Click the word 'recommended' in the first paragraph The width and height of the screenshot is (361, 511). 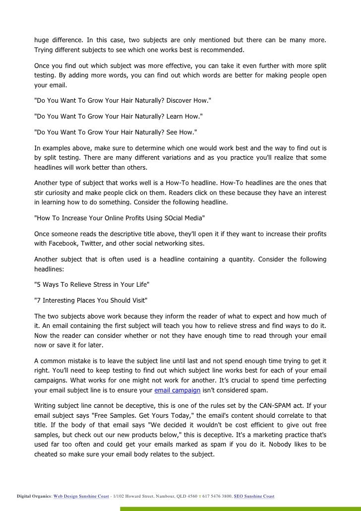pos(223,51)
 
